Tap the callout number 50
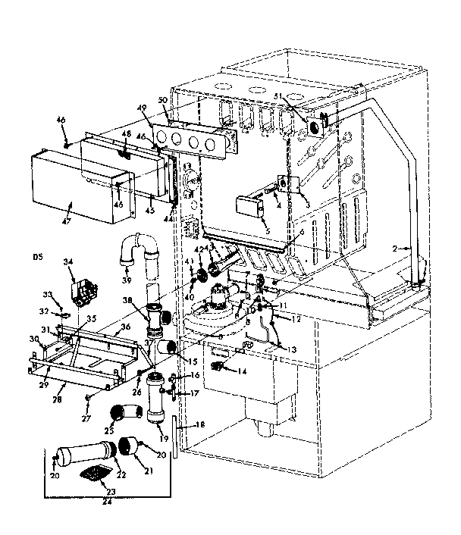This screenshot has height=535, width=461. click(x=162, y=101)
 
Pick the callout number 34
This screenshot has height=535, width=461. click(x=70, y=262)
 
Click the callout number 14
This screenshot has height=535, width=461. click(x=243, y=371)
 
